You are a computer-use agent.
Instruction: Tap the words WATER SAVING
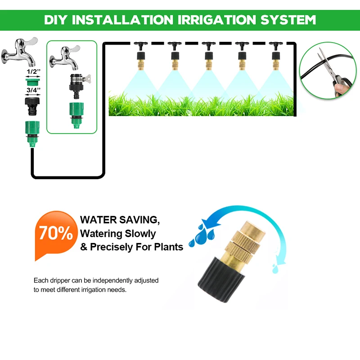click(x=120, y=220)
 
